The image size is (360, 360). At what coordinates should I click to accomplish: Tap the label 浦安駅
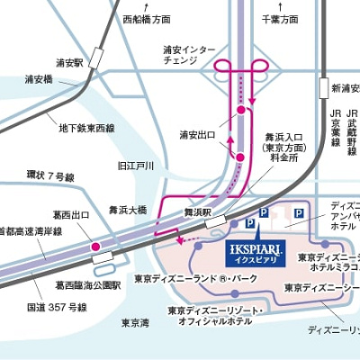tap(68, 63)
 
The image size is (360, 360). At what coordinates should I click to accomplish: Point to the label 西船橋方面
tap(147, 18)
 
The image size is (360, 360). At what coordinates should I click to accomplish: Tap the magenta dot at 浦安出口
tap(240, 111)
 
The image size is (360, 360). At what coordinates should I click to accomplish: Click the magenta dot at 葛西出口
tap(94, 245)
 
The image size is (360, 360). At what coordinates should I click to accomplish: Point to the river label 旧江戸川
tap(135, 166)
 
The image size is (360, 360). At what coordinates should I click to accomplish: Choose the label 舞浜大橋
tap(128, 209)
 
